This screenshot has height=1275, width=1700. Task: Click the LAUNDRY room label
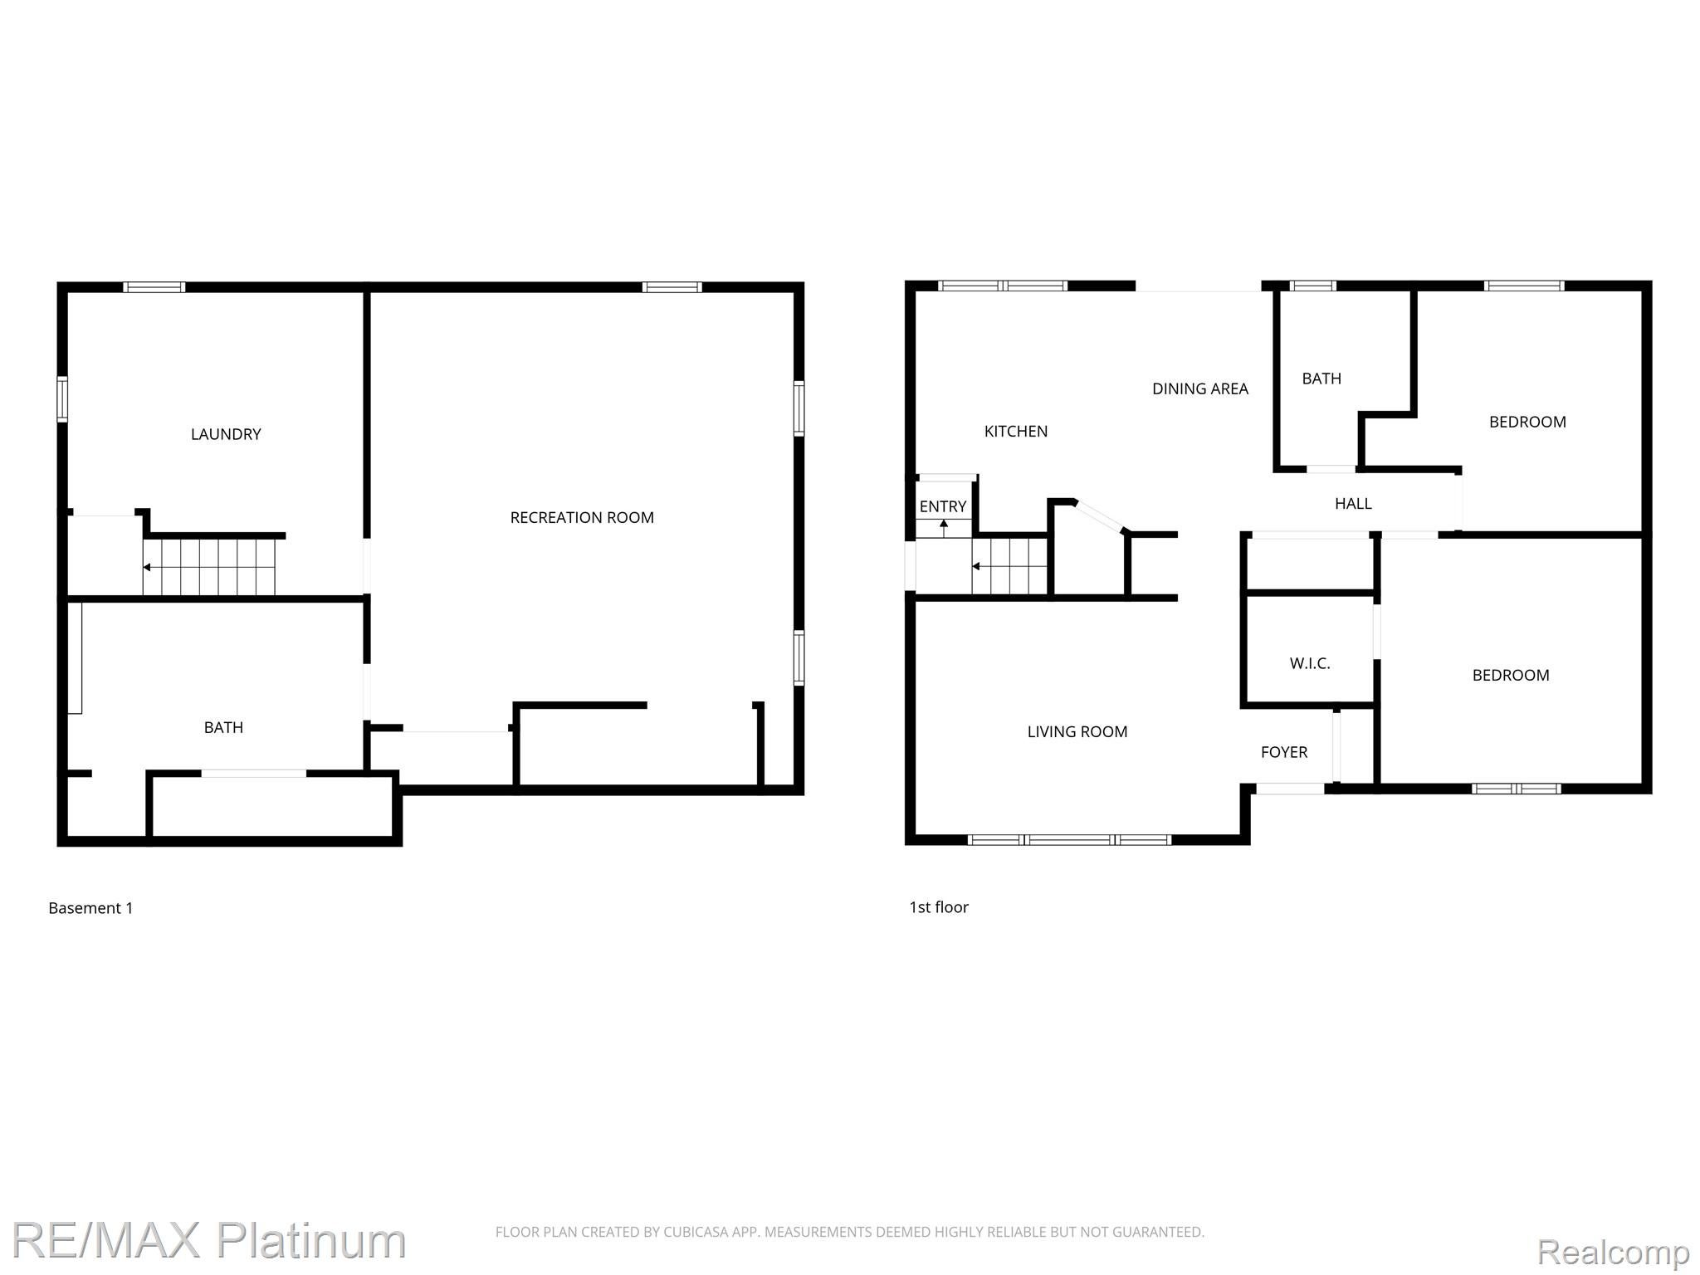tap(226, 434)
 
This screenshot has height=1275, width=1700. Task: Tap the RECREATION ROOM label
tap(581, 518)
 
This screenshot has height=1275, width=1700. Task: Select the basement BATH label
tap(223, 728)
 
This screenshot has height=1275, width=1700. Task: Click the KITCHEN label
tap(1015, 432)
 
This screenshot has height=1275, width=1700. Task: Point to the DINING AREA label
tap(1199, 389)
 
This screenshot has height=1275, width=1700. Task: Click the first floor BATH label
tap(1321, 379)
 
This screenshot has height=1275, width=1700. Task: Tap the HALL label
tap(1352, 504)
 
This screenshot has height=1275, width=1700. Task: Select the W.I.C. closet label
tap(1309, 663)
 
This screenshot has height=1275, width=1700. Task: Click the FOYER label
tap(1283, 753)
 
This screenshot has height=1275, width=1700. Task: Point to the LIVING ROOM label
tap(1077, 732)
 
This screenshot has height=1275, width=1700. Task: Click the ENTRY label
tap(942, 507)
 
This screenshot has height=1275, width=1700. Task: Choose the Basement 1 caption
tap(90, 908)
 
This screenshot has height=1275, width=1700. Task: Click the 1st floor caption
tap(938, 907)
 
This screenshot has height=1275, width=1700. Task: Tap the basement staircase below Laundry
tap(208, 567)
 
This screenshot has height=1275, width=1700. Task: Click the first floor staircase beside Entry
tap(1009, 566)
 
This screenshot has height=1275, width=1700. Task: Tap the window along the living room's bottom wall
tap(1069, 840)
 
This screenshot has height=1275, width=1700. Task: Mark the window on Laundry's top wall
tap(154, 287)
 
